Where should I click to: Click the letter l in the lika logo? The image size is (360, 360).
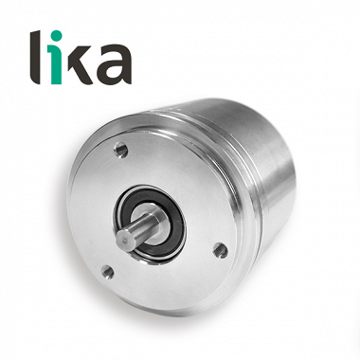click(35, 57)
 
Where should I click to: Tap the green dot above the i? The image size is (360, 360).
click(56, 36)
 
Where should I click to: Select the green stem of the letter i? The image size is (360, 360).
click(56, 64)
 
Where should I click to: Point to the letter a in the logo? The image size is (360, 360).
click(114, 64)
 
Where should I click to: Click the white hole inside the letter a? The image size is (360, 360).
click(113, 71)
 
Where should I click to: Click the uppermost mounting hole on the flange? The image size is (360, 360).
click(121, 150)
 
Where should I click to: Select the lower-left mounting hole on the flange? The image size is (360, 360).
click(108, 271)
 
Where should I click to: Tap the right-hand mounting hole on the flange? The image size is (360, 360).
click(220, 250)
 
